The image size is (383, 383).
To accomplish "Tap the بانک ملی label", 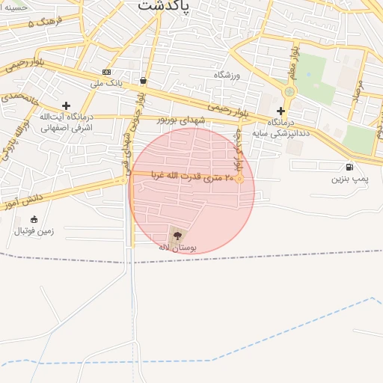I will (106, 83).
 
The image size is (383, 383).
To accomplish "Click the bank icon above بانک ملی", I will (106, 72).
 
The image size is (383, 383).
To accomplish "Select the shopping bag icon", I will (143, 79).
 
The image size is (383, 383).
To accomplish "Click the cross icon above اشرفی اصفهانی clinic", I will (66, 105).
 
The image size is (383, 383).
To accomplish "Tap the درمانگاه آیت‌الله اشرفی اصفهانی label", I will (65, 123).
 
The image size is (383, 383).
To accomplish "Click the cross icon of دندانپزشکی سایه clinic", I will (281, 111).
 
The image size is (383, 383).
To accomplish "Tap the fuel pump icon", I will (350, 167).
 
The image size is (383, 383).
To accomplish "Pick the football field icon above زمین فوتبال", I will (34, 219).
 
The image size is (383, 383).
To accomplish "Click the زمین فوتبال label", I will (34, 231).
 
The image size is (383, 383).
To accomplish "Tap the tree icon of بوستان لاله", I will (177, 235).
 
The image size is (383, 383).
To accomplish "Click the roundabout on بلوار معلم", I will (289, 92).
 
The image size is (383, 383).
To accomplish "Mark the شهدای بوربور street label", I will (180, 119).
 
